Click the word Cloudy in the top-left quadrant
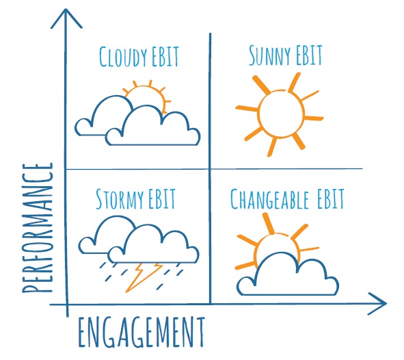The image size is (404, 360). (x=123, y=57)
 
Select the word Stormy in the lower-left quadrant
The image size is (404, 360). (x=120, y=198)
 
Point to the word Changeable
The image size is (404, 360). (x=269, y=199)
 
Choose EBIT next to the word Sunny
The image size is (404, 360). (x=309, y=55)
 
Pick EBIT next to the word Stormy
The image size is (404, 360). (x=162, y=198)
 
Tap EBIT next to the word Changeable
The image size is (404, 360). (x=331, y=198)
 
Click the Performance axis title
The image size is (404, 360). (x=38, y=228)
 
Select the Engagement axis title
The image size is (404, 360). (x=142, y=333)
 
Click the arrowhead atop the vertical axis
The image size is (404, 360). (x=66, y=18)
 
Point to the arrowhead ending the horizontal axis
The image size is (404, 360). (x=377, y=304)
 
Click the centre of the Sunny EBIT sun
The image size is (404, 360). (x=281, y=114)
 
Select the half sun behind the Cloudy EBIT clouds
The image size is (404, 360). (x=148, y=96)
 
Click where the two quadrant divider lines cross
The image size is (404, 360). (x=211, y=169)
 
